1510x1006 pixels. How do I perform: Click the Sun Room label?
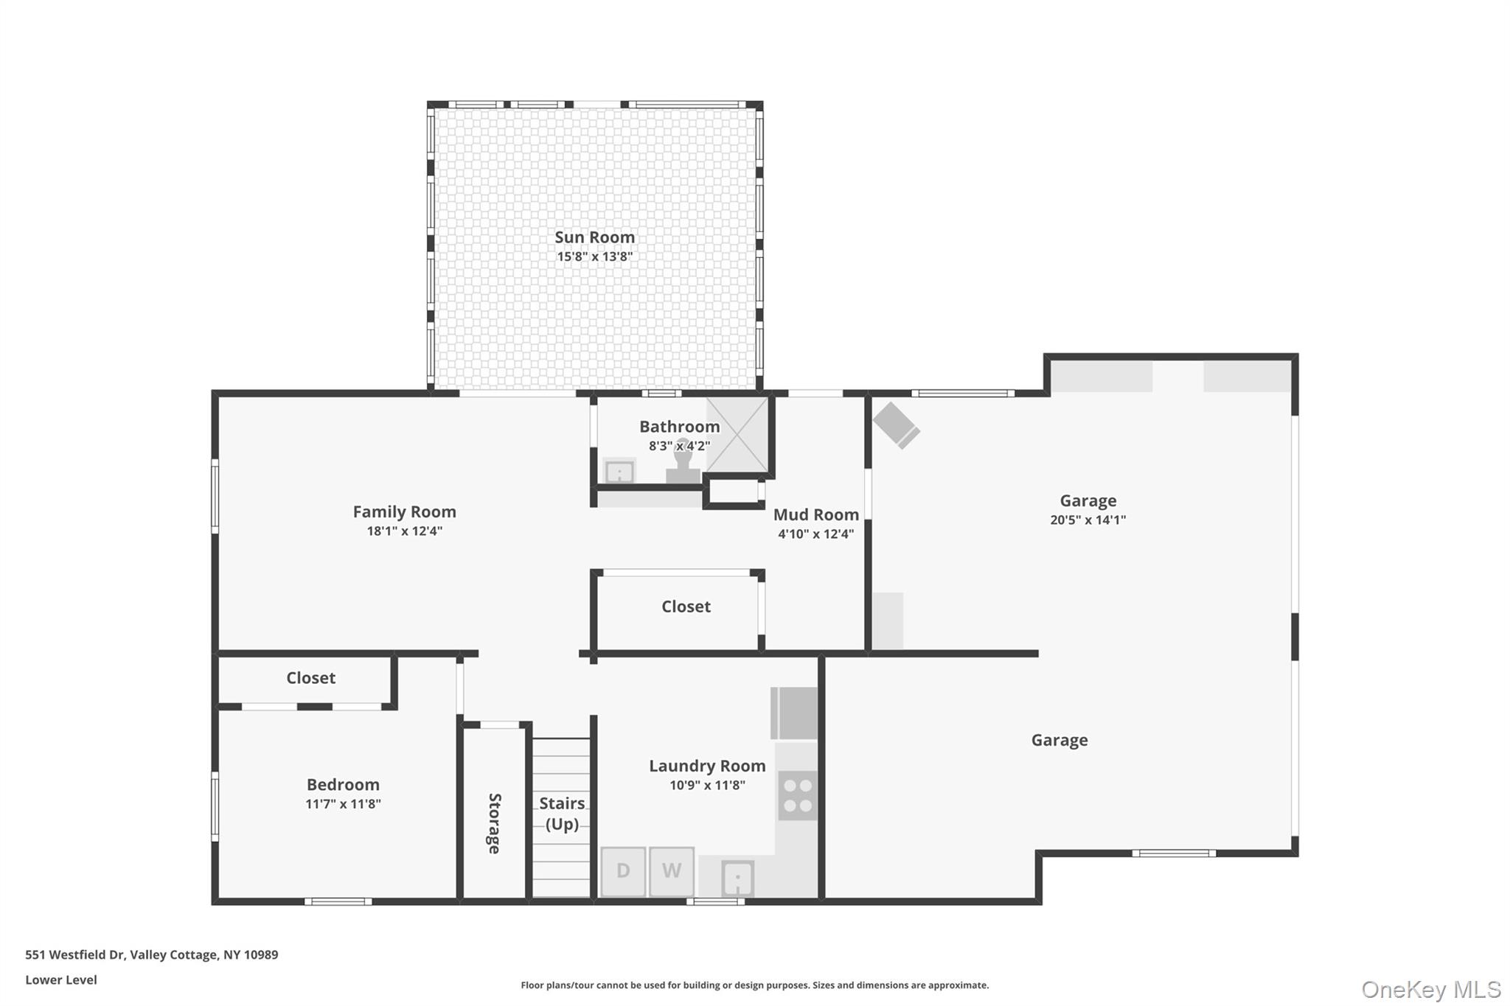(x=594, y=237)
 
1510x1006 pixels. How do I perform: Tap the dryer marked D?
(x=623, y=871)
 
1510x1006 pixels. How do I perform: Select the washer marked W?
(x=672, y=871)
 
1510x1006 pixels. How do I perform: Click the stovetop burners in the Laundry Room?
(x=798, y=796)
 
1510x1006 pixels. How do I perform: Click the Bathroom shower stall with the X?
(x=737, y=435)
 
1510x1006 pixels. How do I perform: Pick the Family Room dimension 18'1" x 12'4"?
(x=405, y=531)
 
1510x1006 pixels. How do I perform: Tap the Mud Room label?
(x=816, y=514)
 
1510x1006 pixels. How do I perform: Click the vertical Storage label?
(x=495, y=823)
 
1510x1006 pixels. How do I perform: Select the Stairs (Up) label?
(x=562, y=814)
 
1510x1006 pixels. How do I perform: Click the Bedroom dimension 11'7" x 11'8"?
(x=343, y=804)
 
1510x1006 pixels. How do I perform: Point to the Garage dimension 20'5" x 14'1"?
(x=1088, y=520)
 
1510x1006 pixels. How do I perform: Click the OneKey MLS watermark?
(x=1431, y=989)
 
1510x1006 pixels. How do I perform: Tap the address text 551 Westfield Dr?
(x=74, y=955)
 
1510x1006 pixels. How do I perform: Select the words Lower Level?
(x=61, y=980)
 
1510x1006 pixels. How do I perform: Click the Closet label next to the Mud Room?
(x=686, y=607)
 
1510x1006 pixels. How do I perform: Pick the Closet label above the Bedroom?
(x=310, y=678)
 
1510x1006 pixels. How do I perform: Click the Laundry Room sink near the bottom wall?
(x=737, y=878)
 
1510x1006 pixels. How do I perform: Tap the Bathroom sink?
(x=619, y=471)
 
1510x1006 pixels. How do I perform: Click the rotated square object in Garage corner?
(x=896, y=425)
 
